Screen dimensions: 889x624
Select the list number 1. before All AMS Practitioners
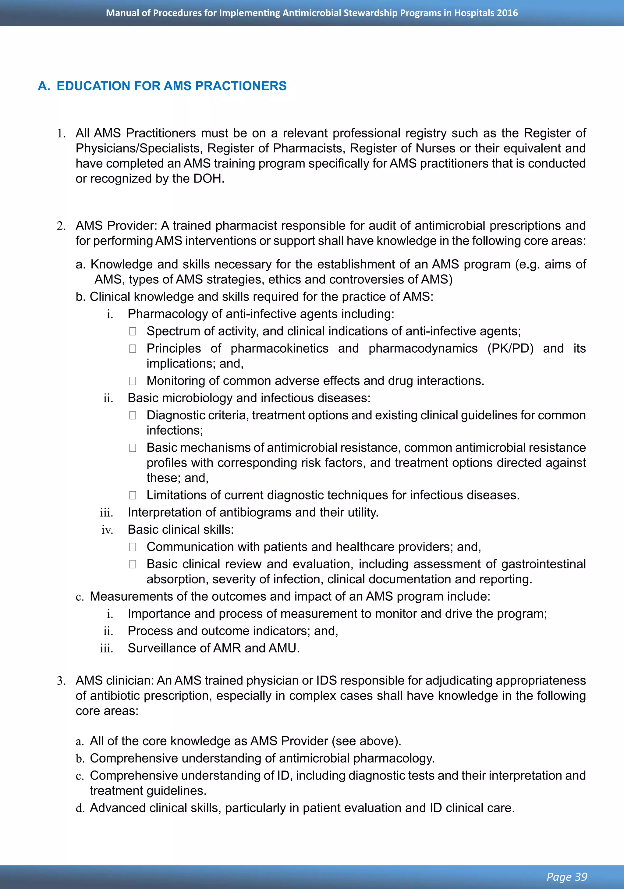tap(61, 133)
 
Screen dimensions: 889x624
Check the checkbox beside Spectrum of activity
tap(133, 332)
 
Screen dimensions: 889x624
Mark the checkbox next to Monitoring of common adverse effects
tap(133, 381)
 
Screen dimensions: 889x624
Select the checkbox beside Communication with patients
tap(133, 547)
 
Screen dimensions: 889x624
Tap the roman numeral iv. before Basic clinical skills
tap(107, 530)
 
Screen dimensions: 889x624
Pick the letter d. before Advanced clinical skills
tap(80, 809)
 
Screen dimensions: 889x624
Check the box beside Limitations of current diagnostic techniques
tap(133, 495)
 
